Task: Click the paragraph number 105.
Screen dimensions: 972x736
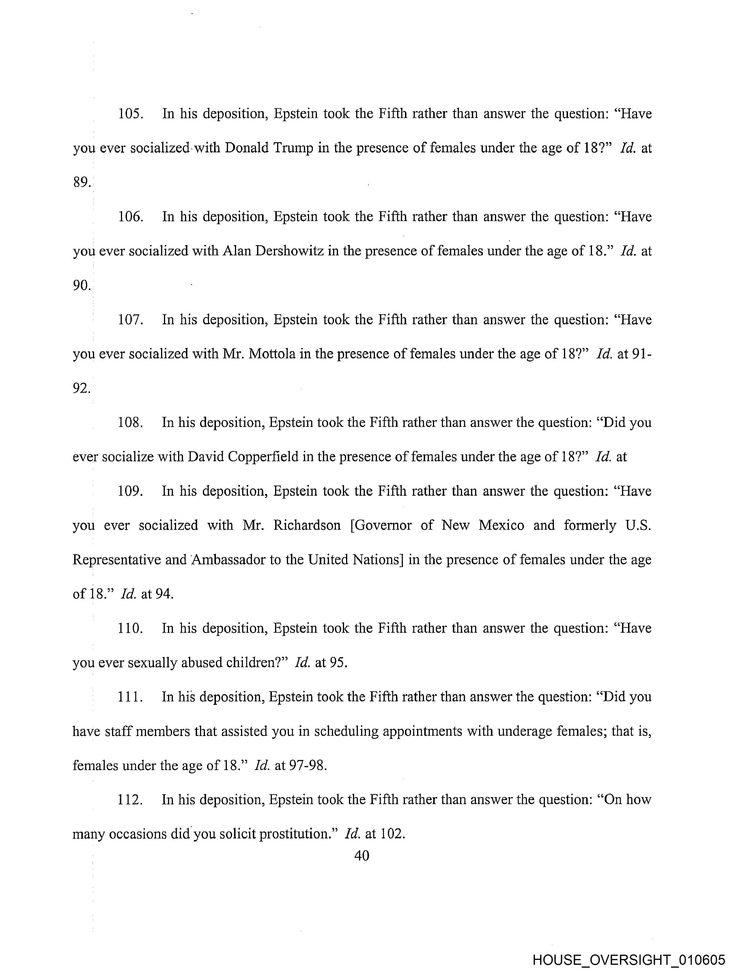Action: pyautogui.click(x=130, y=114)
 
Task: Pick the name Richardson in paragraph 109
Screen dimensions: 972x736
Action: pyautogui.click(x=307, y=526)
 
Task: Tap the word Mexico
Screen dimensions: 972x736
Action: pyautogui.click(x=501, y=526)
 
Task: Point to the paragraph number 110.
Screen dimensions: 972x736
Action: pyautogui.click(x=130, y=628)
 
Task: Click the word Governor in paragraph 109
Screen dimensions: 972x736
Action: pyautogui.click(x=381, y=526)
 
